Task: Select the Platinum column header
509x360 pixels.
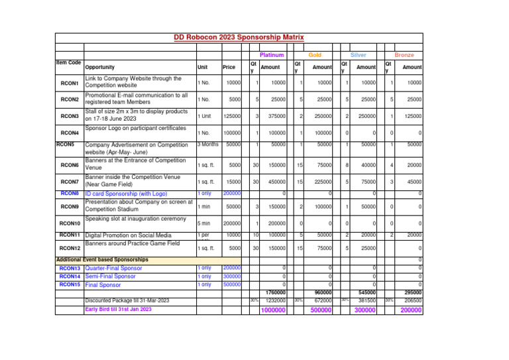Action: tap(272, 55)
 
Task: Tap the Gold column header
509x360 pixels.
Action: tap(315, 55)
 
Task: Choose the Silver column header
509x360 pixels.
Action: tap(359, 55)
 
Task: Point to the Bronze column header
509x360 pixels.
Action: tap(404, 55)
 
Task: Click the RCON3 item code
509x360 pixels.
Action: tap(70, 116)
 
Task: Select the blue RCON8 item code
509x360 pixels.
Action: tap(70, 193)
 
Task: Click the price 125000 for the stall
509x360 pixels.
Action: tap(231, 117)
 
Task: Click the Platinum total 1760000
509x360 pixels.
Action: tap(275, 292)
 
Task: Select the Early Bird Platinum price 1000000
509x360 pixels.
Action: tap(274, 310)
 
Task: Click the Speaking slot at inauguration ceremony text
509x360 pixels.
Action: tap(135, 218)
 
